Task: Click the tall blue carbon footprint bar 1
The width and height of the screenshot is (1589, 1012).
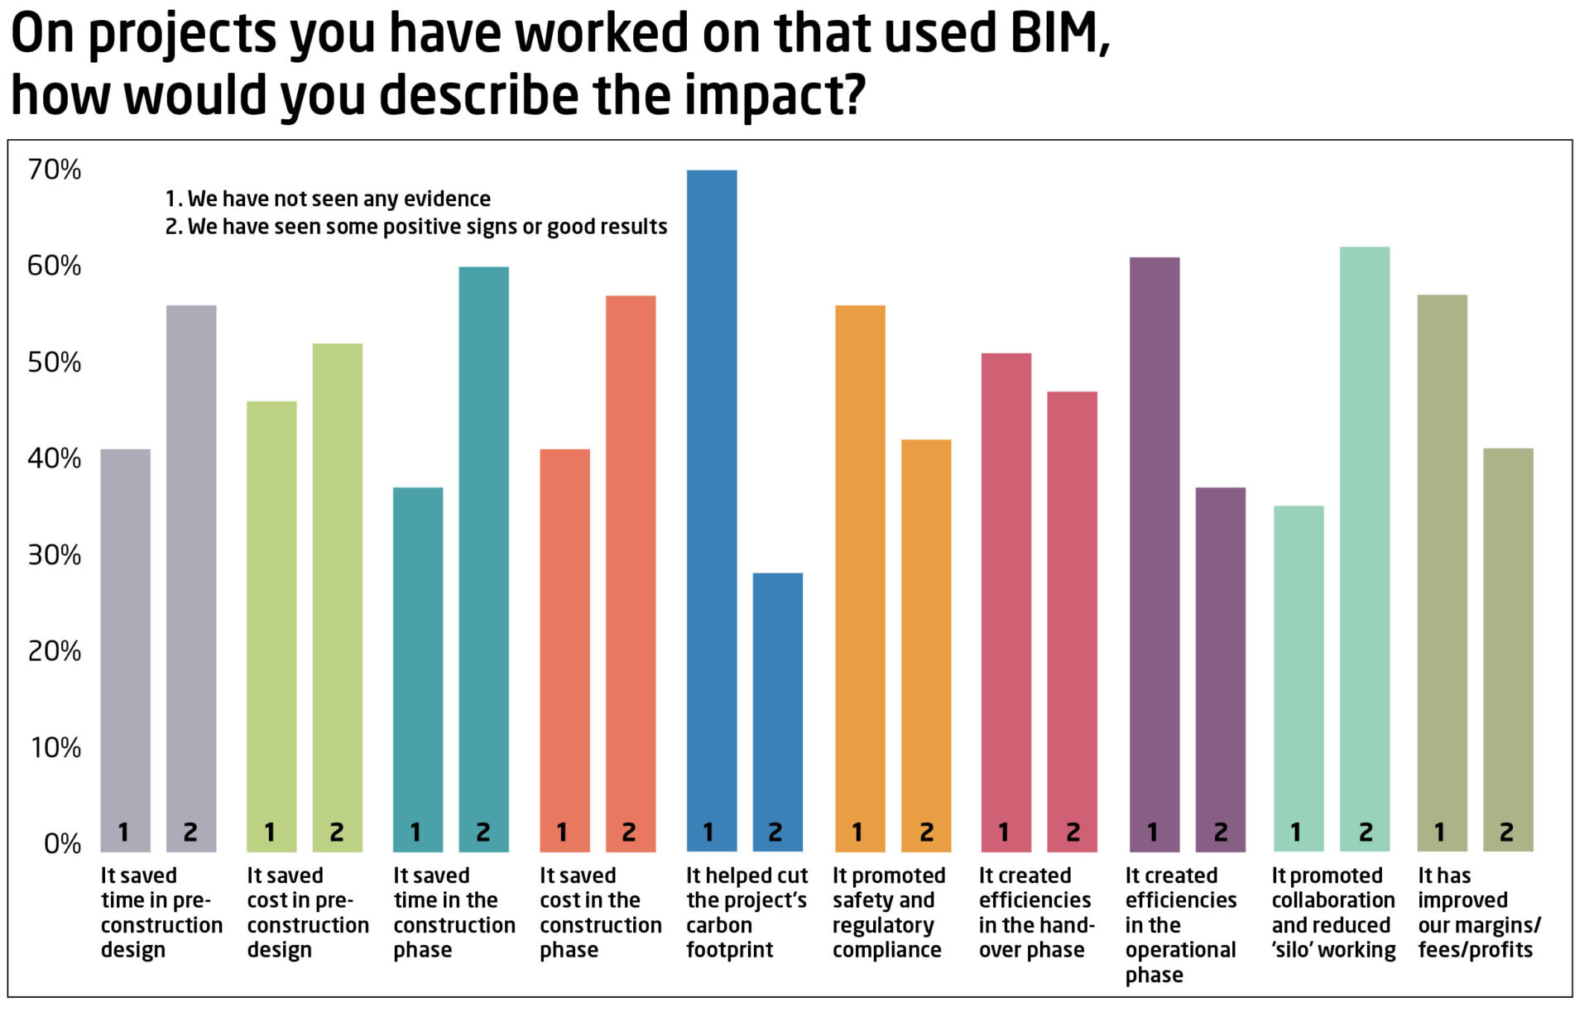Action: tap(711, 496)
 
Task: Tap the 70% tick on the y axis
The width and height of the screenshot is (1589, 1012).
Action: tap(55, 170)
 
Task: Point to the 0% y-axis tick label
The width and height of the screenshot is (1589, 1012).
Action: tap(62, 844)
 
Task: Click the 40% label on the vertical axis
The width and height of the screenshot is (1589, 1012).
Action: tap(55, 458)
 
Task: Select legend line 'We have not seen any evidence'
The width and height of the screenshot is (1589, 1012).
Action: tap(328, 199)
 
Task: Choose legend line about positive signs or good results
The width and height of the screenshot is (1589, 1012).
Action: tap(416, 227)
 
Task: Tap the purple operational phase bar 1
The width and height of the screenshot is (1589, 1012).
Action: tap(1154, 546)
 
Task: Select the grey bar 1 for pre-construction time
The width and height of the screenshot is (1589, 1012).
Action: tap(125, 645)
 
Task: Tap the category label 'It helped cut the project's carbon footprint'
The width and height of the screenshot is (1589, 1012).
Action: tap(746, 913)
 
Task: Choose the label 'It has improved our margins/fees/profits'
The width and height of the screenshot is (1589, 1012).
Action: tap(1478, 913)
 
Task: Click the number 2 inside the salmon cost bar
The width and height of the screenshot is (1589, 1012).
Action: tap(629, 832)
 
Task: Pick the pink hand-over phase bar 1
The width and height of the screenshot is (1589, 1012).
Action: tap(1006, 596)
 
